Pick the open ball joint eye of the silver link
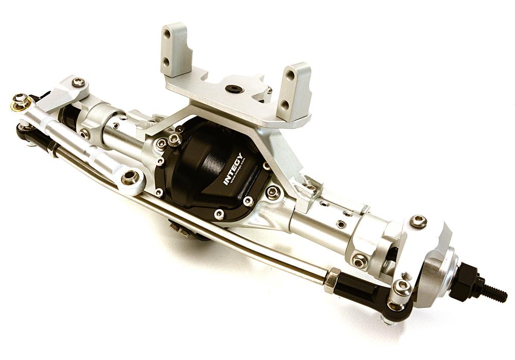(x=131, y=177)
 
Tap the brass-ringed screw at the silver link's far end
(x=21, y=101)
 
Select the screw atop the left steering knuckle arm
(x=78, y=82)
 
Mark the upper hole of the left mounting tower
(x=167, y=34)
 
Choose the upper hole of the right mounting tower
(x=290, y=75)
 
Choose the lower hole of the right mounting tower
(x=284, y=104)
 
